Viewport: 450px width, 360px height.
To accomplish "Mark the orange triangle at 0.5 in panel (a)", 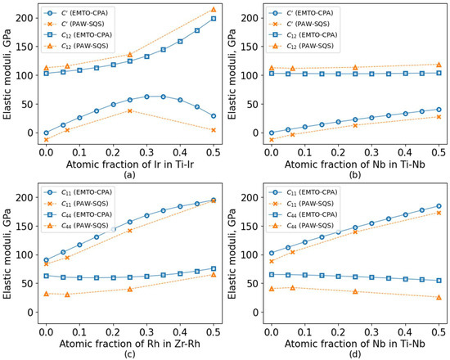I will (214, 10).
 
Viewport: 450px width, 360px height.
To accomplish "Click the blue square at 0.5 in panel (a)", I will (214, 19).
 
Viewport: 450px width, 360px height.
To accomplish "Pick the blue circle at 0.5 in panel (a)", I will (214, 116).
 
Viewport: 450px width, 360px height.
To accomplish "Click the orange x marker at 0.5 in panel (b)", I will (439, 117).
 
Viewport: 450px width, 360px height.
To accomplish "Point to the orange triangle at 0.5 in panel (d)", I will (439, 298).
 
